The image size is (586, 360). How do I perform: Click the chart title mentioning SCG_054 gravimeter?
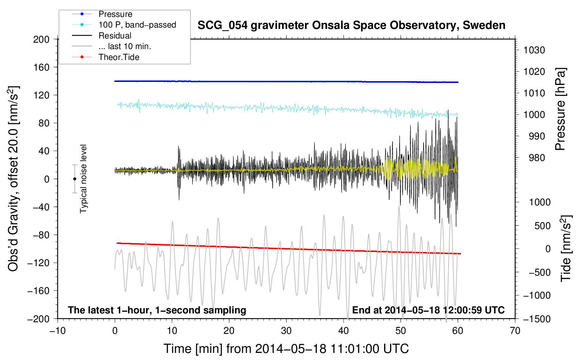coord(351,25)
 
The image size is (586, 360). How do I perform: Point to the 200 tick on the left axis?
coord(41,40)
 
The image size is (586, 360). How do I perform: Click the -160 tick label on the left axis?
coord(39,291)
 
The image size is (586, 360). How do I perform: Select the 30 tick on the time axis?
coord(286,331)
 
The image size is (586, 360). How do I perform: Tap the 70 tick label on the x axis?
coord(515,331)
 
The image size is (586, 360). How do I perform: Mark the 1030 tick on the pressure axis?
coord(534,50)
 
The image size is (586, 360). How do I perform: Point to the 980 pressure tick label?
coord(537,158)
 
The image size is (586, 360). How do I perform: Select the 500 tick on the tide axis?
coord(543,226)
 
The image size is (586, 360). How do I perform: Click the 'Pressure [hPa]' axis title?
coord(560,109)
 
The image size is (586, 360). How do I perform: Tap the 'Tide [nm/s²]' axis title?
coord(566,248)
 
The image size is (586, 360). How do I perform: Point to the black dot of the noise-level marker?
coord(74,179)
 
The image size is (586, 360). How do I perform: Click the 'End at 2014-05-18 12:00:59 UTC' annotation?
coord(428,310)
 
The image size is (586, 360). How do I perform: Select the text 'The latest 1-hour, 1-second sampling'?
coord(157,310)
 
